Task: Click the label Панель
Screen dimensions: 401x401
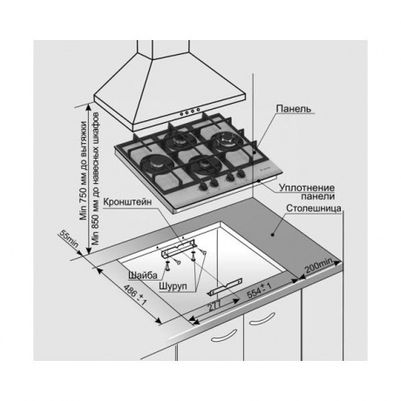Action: (294, 109)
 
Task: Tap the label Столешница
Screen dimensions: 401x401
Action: (314, 208)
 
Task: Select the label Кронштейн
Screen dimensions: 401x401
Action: (127, 202)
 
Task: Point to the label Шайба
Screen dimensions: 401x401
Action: (143, 275)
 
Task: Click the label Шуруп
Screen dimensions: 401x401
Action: (173, 287)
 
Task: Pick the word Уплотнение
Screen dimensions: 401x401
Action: (307, 187)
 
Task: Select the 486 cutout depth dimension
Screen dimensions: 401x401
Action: (135, 295)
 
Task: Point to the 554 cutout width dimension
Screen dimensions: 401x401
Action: (259, 290)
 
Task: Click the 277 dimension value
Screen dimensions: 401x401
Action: (214, 306)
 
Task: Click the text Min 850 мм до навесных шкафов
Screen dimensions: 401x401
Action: (96, 179)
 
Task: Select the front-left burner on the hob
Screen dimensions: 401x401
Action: (154, 165)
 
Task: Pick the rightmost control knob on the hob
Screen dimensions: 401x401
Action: (240, 174)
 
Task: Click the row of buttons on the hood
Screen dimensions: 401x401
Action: (190, 112)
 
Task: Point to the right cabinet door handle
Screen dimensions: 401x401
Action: (262, 319)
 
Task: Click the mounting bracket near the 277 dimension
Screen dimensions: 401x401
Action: (225, 287)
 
